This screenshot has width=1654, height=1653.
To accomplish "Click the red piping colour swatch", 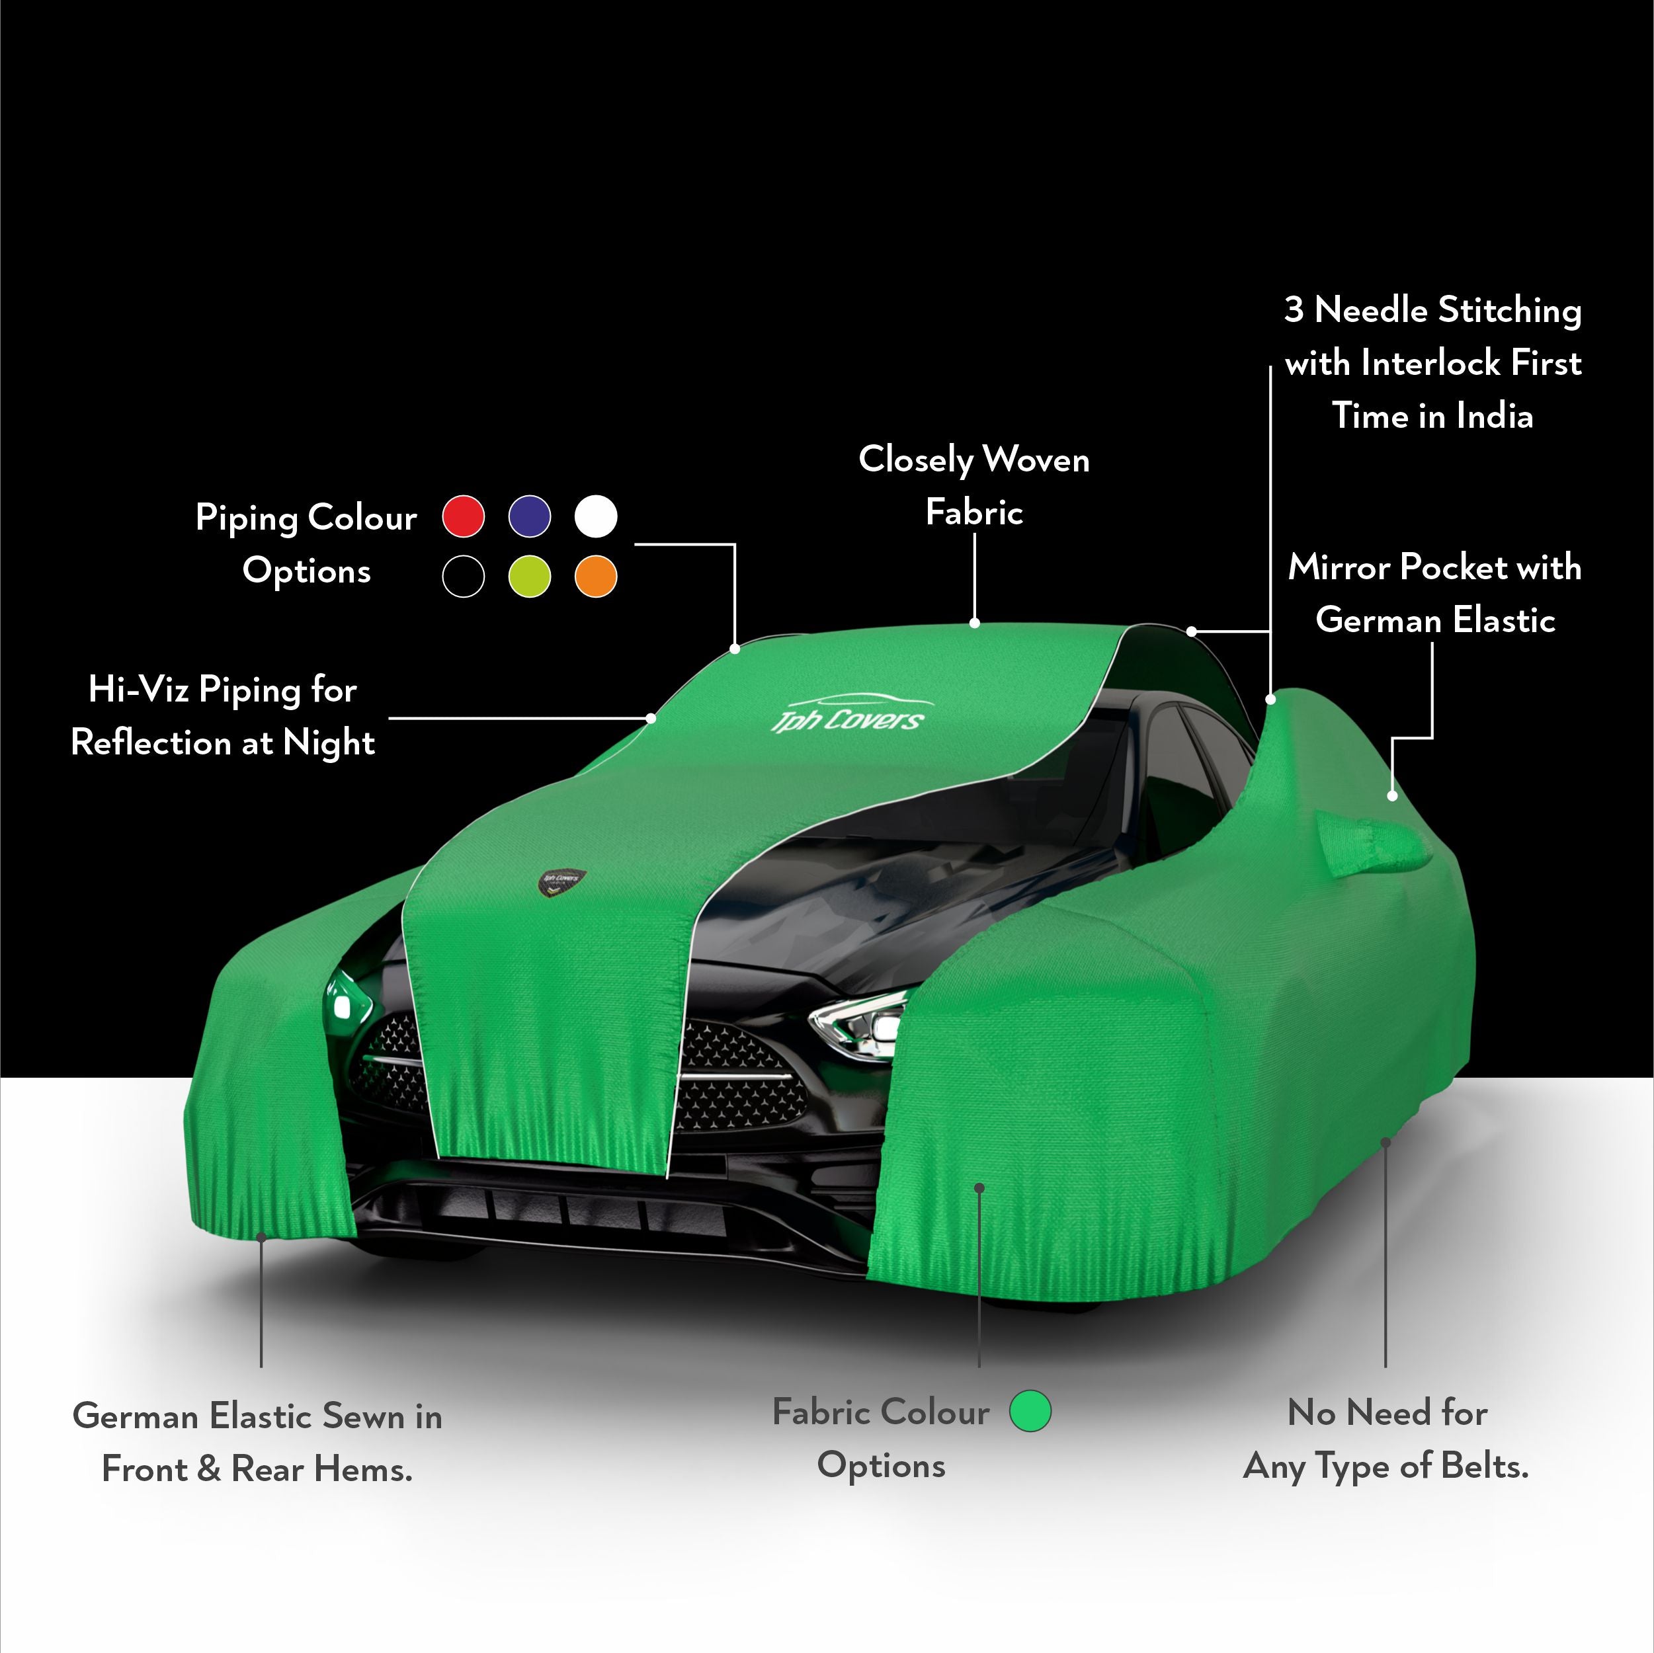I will click(463, 516).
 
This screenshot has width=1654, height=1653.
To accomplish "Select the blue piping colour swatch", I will click(530, 516).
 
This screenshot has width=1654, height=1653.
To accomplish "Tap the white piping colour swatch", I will click(596, 516).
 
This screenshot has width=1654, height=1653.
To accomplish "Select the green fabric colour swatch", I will click(1030, 1411).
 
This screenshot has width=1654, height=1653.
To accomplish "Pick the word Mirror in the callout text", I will click(1341, 567).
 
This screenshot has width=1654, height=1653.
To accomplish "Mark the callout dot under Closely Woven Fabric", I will click(974, 624).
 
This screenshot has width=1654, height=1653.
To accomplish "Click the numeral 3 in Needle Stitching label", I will click(1294, 310).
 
